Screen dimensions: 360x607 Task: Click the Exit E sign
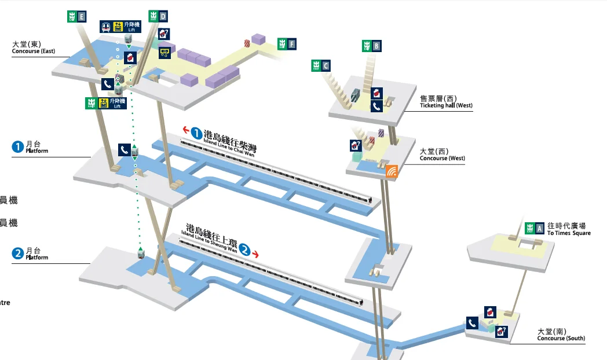point(76,17)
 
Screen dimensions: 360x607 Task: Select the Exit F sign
point(287,44)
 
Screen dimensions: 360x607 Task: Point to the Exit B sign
point(372,45)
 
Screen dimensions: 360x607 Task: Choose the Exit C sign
point(321,65)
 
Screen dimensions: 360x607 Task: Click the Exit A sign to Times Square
point(534,228)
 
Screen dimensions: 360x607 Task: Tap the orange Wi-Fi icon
point(392,171)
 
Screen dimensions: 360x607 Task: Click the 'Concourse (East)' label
point(34,48)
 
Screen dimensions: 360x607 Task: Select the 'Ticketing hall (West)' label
point(446,102)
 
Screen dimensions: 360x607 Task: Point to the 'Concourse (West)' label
point(442,155)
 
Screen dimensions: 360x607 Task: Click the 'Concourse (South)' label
point(561,335)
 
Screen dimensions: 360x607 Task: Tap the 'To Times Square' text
point(569,233)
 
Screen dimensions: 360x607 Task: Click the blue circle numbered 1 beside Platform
point(17,147)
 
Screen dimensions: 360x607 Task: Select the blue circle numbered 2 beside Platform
point(17,253)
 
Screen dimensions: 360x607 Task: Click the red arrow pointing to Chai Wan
point(187,130)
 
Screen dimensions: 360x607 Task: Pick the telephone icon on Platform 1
point(124,149)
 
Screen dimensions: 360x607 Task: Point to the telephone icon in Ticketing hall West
point(376,106)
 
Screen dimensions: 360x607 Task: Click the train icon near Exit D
point(106,26)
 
